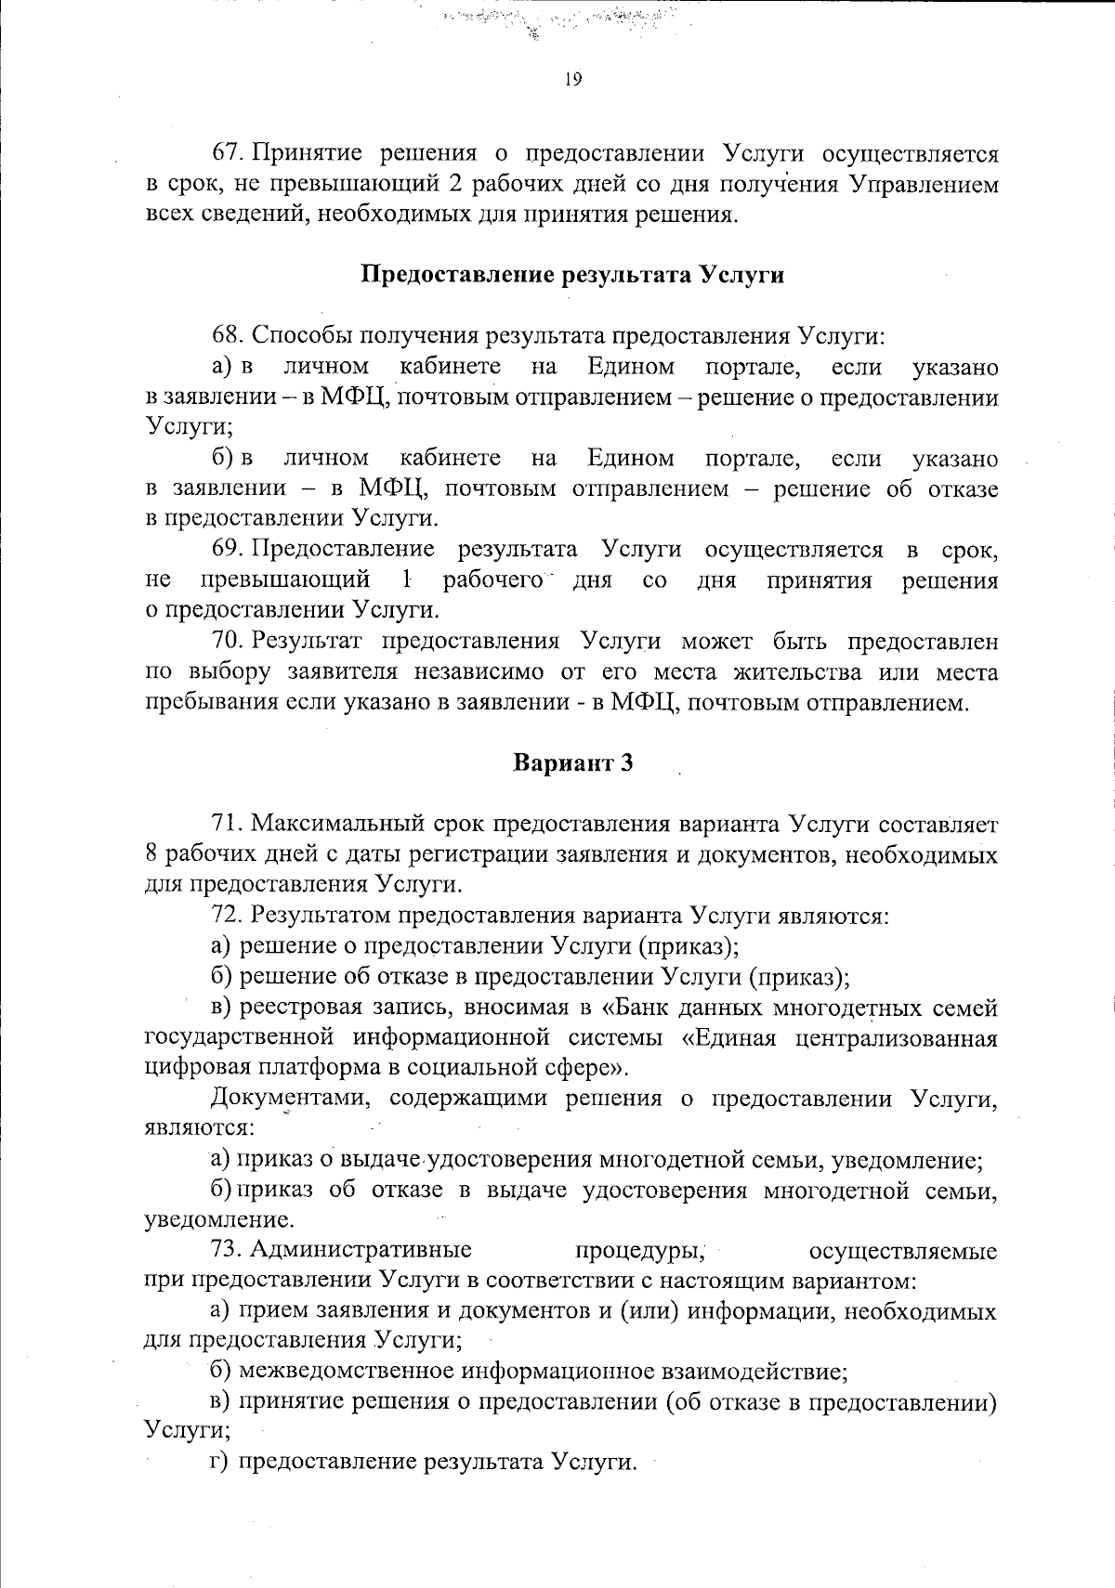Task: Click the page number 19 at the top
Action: [572, 80]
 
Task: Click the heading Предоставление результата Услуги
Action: [572, 275]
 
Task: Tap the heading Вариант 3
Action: [572, 763]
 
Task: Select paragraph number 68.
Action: [229, 336]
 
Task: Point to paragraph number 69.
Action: [229, 550]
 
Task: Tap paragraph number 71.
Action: [229, 824]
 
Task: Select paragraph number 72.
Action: [229, 916]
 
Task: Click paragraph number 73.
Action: [229, 1251]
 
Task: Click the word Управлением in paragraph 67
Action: [925, 185]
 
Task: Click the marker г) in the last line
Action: [219, 1463]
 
